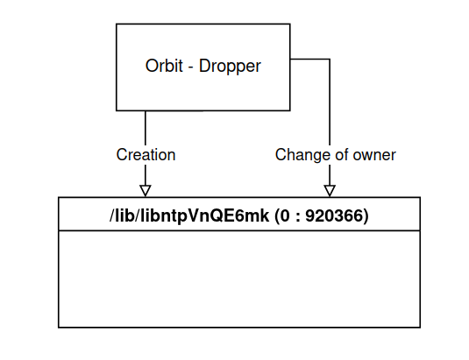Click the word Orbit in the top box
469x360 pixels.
pos(164,66)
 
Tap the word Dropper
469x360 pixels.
pos(230,67)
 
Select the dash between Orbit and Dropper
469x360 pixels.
pos(191,67)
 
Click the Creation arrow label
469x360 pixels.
pos(146,155)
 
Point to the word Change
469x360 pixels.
pos(303,155)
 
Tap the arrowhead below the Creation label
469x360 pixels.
pos(146,191)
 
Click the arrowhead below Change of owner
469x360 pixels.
pos(330,191)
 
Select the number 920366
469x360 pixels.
pos(333,215)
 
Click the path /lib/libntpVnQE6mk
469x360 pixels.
pos(189,216)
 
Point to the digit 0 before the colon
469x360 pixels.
pos(285,215)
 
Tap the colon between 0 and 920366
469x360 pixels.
pos(297,217)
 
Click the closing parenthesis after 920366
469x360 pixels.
pos(366,216)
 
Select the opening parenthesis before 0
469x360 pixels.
pos(277,216)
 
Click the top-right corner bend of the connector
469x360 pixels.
pos(330,60)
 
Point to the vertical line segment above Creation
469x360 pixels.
pos(146,129)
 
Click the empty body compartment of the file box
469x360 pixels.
pos(239,279)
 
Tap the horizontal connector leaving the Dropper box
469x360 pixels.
pos(309,60)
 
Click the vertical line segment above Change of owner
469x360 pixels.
pos(330,102)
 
